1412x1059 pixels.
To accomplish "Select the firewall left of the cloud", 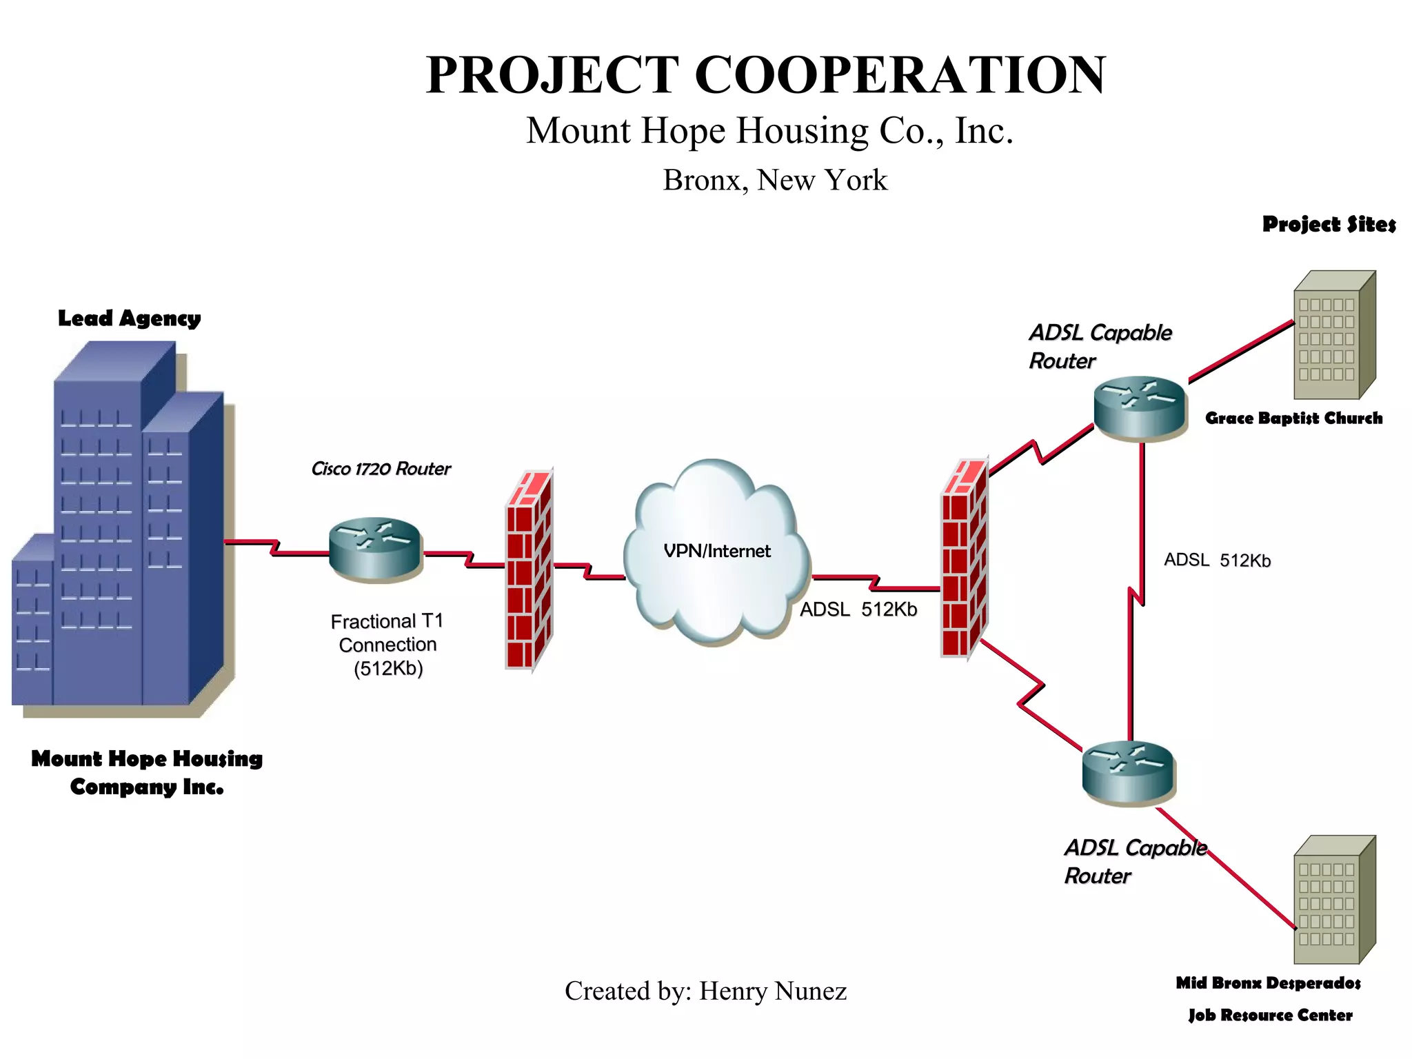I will (529, 569).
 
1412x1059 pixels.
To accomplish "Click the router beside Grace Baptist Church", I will (1140, 407).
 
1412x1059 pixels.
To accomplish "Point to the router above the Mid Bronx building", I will (1129, 772).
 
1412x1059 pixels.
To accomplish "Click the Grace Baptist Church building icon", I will (1333, 336).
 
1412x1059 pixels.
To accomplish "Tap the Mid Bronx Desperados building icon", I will (1333, 900).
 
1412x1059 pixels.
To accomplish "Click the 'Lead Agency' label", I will (129, 319).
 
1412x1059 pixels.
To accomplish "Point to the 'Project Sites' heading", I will (1329, 225).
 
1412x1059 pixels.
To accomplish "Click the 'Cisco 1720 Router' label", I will (381, 469).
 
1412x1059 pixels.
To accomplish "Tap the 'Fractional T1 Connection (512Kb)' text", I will (387, 645).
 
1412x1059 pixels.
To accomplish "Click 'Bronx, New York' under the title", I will (775, 180).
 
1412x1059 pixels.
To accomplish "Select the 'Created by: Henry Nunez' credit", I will (705, 991).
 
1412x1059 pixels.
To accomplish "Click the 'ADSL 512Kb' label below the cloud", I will (858, 609).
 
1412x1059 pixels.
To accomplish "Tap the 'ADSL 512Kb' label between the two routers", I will (1217, 560).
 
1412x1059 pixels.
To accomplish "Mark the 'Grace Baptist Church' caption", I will (1293, 418).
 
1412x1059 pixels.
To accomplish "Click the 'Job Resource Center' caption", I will (1270, 1015).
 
